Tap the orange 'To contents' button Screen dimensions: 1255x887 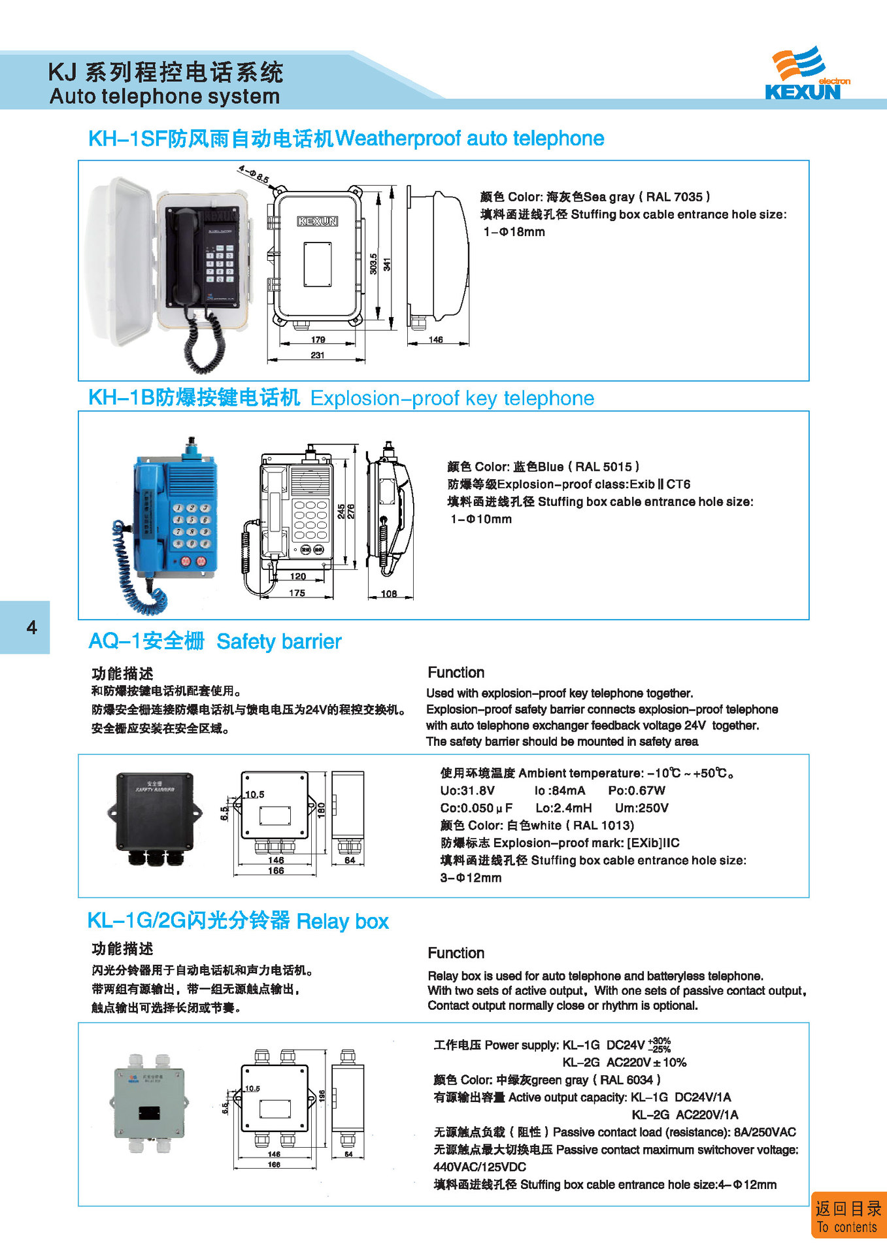coord(848,1216)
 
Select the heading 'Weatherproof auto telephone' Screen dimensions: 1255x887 coord(469,139)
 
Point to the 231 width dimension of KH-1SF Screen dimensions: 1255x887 coord(317,356)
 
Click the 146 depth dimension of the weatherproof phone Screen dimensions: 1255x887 coord(436,340)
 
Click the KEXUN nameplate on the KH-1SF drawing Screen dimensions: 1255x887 coord(318,221)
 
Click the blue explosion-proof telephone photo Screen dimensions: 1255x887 coord(173,516)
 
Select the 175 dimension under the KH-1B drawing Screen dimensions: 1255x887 coord(297,593)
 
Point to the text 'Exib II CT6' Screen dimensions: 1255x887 coord(660,484)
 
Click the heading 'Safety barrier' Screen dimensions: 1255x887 coord(279,642)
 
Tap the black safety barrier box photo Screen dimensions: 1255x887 coord(154,816)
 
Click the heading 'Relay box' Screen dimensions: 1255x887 coord(343,922)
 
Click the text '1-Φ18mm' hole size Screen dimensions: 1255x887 coord(514,232)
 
